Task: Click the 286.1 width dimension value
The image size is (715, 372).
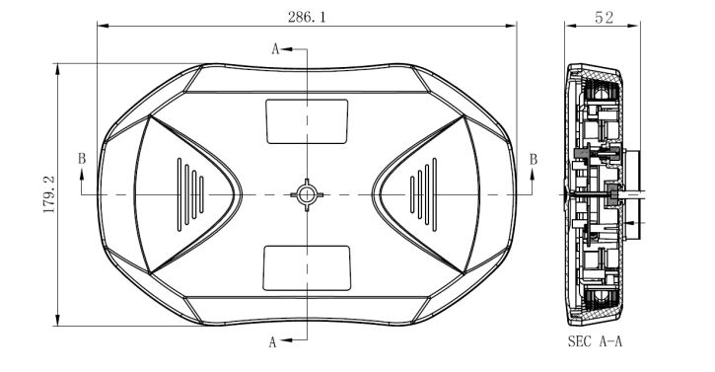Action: [x=307, y=18]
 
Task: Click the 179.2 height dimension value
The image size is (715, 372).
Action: [x=48, y=194]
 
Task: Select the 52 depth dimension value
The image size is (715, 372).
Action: [x=604, y=18]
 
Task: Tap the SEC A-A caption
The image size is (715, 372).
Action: [x=595, y=341]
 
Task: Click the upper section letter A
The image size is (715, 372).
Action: [x=275, y=48]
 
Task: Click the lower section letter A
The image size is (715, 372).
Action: [x=272, y=341]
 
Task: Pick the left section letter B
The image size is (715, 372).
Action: [x=82, y=159]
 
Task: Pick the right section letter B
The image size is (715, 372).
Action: [x=534, y=160]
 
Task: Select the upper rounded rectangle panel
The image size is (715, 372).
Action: [x=307, y=121]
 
